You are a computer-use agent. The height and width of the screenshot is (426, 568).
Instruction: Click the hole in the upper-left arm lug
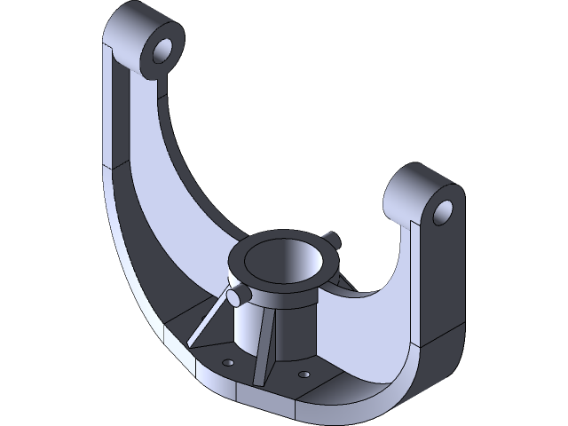[x=162, y=50]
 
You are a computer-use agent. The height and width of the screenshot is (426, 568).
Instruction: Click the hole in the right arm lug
[x=444, y=211]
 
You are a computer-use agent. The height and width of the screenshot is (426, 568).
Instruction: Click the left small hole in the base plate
[x=228, y=363]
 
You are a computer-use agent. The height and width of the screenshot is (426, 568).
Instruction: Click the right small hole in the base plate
[x=304, y=374]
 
